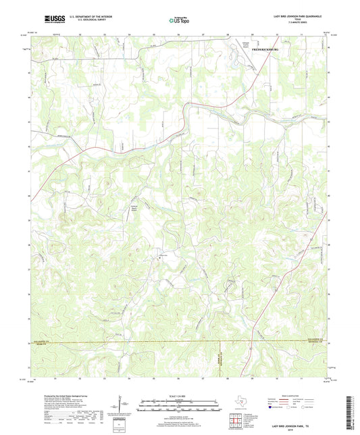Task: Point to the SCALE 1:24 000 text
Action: tap(179, 396)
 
